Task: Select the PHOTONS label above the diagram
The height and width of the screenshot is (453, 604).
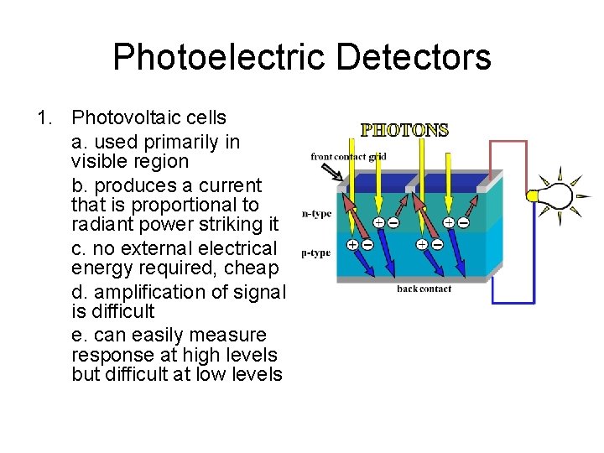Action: coord(404,130)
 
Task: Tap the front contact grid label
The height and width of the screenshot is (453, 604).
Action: coord(350,156)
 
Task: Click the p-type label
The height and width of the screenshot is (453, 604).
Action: coord(315,252)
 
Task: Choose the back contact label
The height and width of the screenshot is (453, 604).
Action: coord(424,289)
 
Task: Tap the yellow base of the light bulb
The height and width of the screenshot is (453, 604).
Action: coord(532,196)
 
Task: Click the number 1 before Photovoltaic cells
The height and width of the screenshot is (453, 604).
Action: coord(44,118)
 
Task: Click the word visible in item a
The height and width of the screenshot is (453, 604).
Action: coord(99,161)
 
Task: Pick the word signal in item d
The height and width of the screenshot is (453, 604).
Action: coord(259,292)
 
